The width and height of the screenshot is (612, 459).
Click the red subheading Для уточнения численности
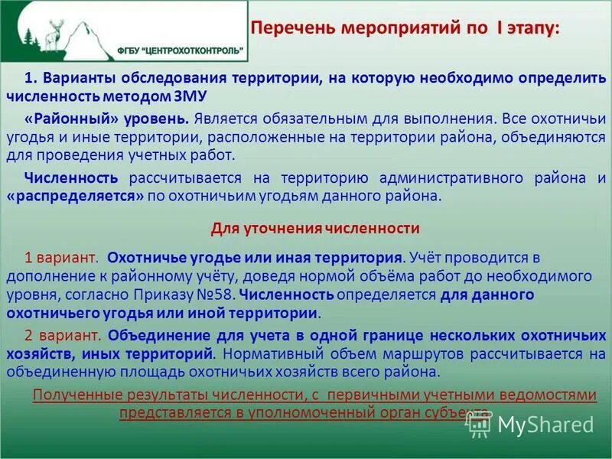314,228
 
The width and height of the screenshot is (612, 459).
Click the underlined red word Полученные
71,394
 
